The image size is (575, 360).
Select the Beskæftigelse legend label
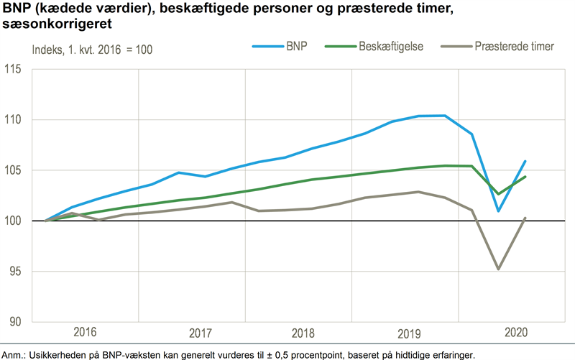coord(390,46)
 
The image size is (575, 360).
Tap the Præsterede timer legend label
coord(513,46)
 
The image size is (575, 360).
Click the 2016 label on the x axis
coord(85,332)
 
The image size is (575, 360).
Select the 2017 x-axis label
coord(201,333)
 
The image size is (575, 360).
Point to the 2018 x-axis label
coord(304,333)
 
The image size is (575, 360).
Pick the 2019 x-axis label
coord(408,333)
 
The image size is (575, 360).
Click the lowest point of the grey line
coord(498,269)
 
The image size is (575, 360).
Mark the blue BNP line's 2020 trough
coord(498,211)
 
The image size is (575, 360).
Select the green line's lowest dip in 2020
coord(498,194)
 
